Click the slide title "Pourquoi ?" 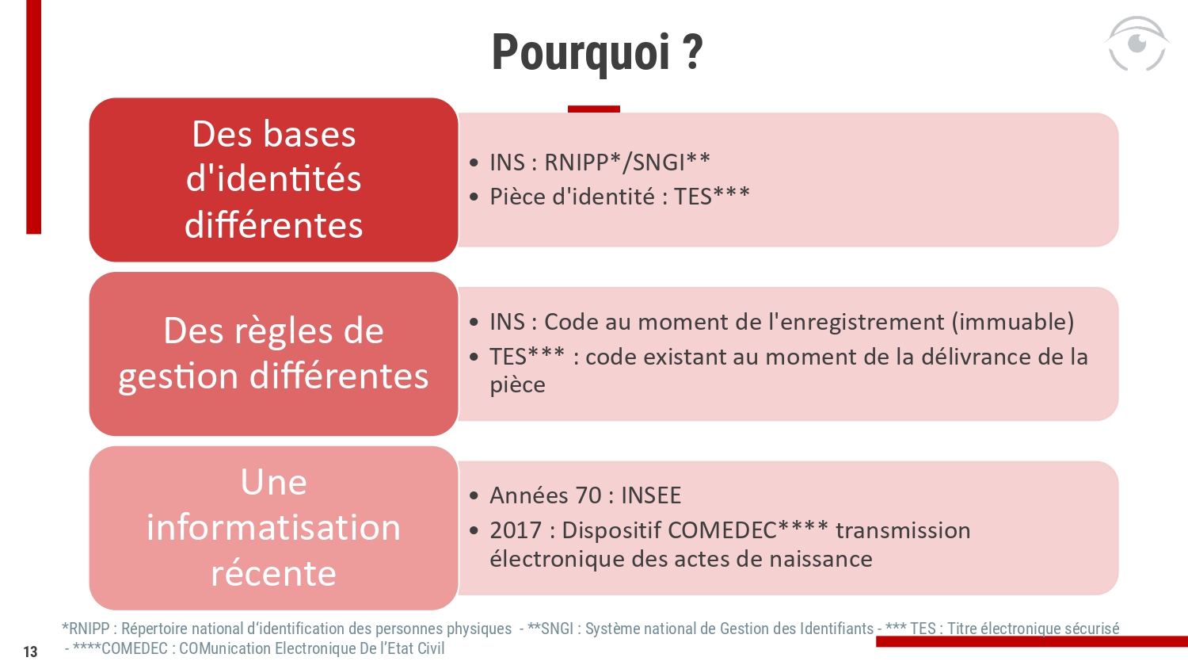pos(597,52)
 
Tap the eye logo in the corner pos(1137,44)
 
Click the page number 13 pos(30,652)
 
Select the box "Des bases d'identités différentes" pos(274,179)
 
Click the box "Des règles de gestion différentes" pos(274,354)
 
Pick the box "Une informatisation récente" pos(274,528)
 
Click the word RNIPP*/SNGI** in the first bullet pos(627,162)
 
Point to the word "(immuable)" pos(1013,323)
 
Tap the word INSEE pos(651,495)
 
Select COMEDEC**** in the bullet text pos(748,530)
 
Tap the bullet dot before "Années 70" pos(474,496)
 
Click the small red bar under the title pos(593,109)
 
